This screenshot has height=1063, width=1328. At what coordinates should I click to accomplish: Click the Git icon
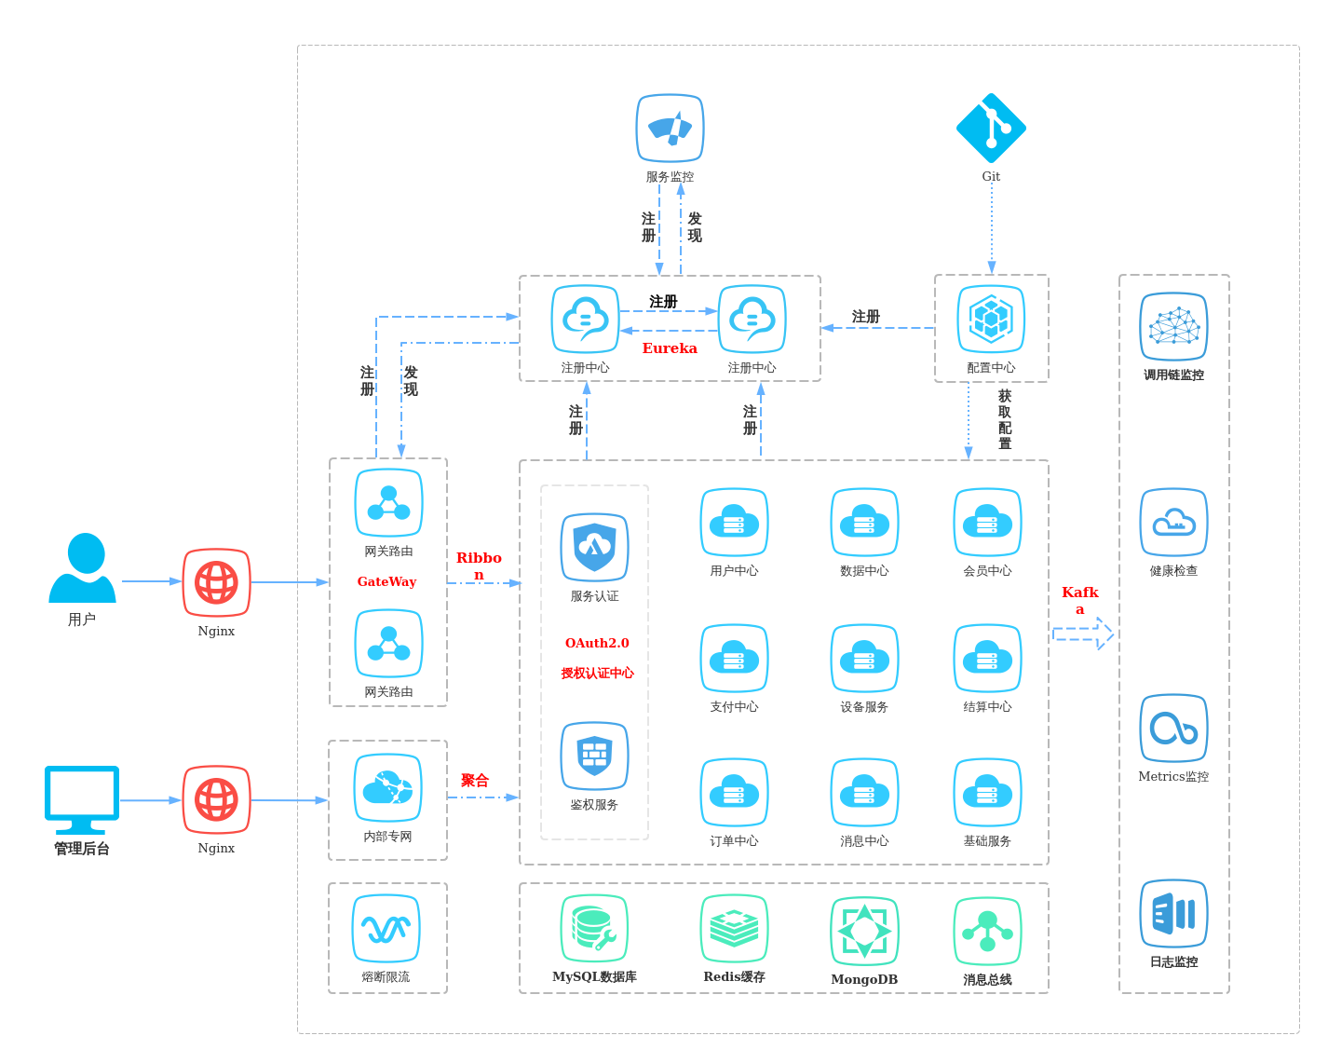point(991,129)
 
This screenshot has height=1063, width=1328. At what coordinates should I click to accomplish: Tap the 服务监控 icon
point(670,129)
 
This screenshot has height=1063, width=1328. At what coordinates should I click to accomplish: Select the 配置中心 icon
point(991,320)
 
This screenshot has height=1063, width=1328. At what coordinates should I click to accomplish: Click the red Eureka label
point(670,348)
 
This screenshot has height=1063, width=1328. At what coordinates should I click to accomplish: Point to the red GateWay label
point(386,581)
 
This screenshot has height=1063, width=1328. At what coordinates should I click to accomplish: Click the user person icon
point(82,567)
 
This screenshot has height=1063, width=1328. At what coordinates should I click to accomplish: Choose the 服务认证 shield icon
point(594,548)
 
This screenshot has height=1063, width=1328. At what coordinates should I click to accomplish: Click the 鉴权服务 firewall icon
point(594,756)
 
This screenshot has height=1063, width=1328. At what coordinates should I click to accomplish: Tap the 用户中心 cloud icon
point(734,523)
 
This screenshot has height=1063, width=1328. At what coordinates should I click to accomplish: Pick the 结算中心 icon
point(987,659)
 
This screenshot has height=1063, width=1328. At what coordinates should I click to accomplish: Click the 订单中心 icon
point(734,793)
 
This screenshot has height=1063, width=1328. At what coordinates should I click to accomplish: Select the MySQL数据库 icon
point(594,928)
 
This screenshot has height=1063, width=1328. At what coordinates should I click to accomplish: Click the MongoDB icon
point(864,931)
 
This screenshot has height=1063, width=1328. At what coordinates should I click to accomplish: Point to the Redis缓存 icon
point(734,928)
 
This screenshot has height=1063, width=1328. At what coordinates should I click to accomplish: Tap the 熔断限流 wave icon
point(386,929)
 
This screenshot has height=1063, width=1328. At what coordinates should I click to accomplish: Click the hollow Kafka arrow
point(1083,634)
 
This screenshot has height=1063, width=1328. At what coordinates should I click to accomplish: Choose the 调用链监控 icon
point(1173,327)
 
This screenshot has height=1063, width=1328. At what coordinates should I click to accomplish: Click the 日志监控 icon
point(1173,914)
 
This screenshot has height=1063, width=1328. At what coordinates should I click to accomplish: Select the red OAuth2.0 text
point(597,643)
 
